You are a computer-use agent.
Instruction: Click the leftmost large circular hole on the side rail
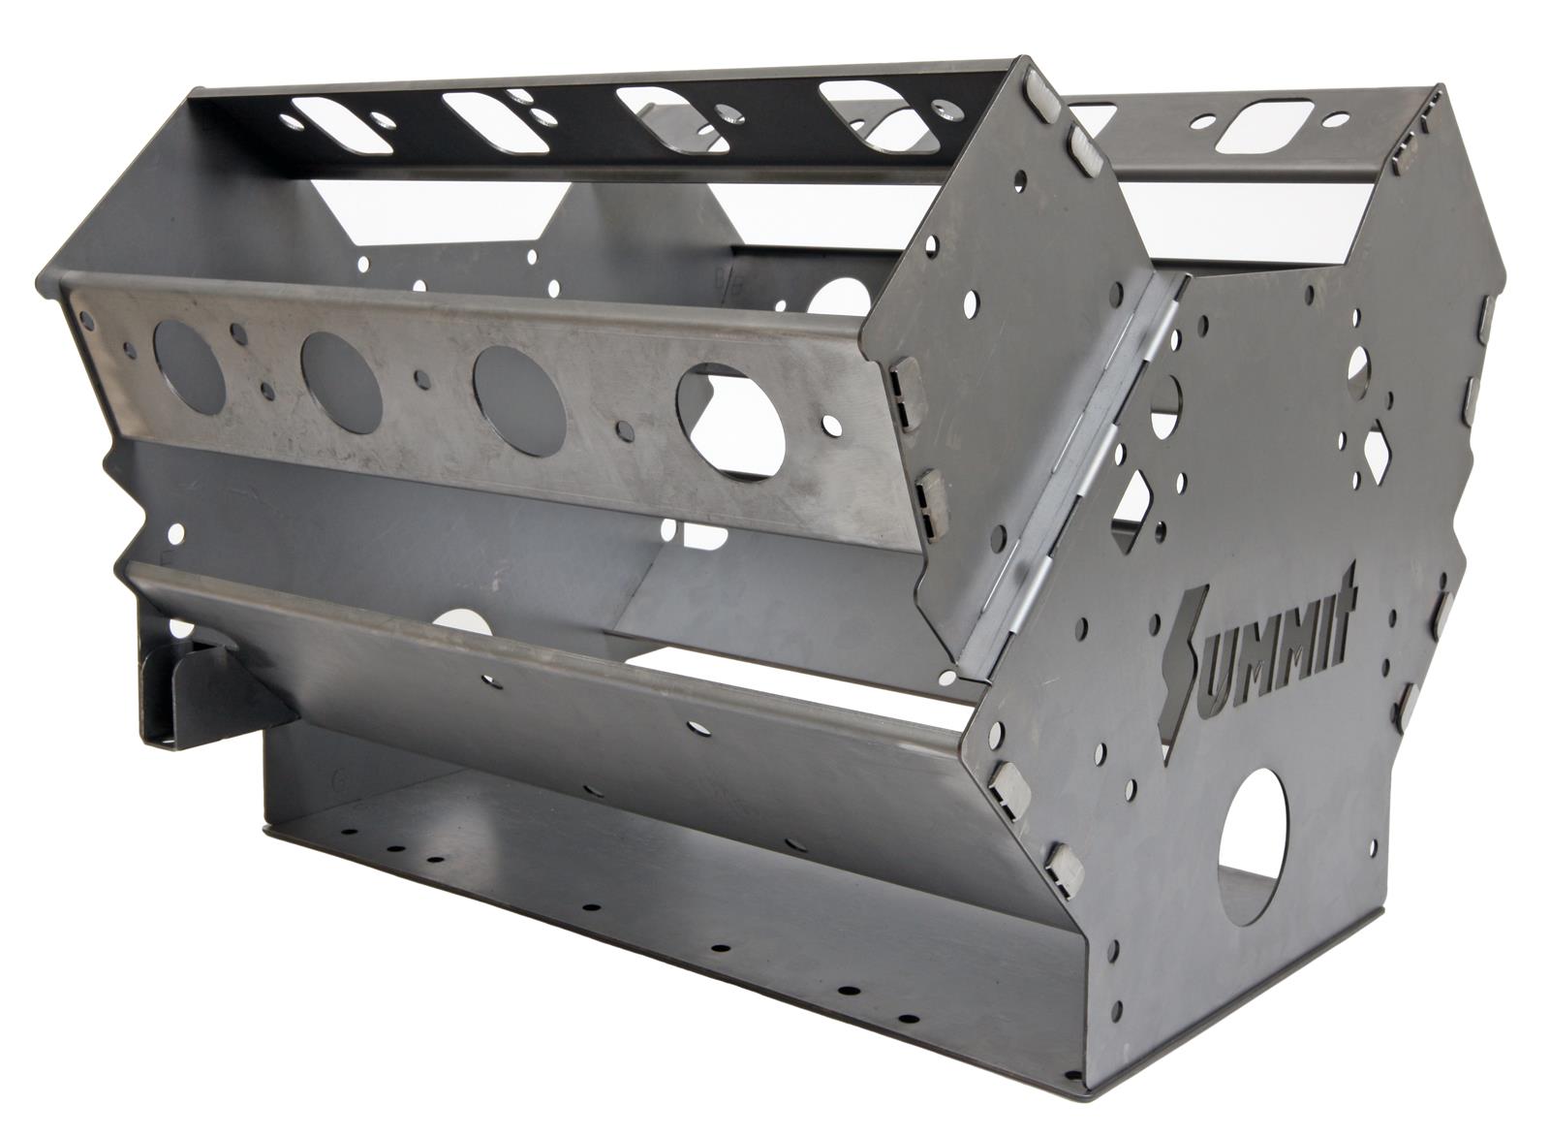pos(189,366)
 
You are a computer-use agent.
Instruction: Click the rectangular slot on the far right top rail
pos(1262,127)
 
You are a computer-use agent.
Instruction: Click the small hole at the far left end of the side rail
pos(87,318)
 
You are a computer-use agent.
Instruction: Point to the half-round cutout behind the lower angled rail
pos(463,621)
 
